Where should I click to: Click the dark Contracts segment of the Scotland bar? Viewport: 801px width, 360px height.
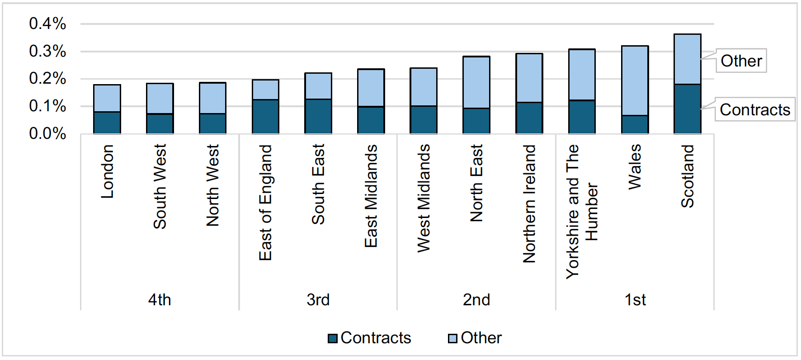coord(687,109)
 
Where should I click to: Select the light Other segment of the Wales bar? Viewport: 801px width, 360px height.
coord(635,81)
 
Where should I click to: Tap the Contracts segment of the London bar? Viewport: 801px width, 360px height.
coord(107,123)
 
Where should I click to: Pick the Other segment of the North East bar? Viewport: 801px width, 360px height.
coord(476,82)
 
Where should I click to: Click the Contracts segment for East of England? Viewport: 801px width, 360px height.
coord(265,117)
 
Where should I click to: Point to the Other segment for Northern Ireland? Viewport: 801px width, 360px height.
coord(529,78)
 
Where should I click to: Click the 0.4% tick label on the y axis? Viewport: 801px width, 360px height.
coord(47,24)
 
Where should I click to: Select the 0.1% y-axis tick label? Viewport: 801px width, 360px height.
coord(47,106)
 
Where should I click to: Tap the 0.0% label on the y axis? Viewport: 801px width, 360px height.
coord(47,133)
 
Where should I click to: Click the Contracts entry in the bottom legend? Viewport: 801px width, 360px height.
coord(370,338)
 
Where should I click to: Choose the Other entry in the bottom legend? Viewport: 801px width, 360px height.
coord(475,338)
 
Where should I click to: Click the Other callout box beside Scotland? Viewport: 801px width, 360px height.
coord(741,61)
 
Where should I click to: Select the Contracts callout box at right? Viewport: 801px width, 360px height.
coord(754,109)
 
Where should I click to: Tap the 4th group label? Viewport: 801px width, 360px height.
coord(160,299)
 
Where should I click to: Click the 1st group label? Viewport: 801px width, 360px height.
coord(635,299)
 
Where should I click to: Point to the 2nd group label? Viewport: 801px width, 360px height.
coord(476,299)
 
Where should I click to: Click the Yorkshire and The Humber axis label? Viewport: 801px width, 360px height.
coord(582,211)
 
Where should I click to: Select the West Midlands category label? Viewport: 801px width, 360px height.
coord(424,198)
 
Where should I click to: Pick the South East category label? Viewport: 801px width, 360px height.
coord(318,184)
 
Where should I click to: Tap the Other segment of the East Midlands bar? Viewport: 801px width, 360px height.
coord(371,88)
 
